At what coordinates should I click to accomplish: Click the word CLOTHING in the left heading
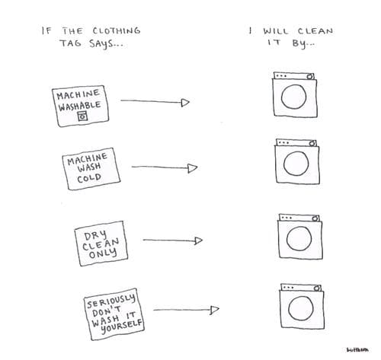coord(117,30)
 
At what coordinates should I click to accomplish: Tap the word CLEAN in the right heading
coord(315,31)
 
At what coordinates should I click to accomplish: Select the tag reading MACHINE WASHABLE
coord(81,106)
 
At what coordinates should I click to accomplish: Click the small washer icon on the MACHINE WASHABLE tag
coord(82,116)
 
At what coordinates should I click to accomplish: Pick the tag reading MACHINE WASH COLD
coord(91,168)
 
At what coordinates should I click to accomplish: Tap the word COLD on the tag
coord(89,178)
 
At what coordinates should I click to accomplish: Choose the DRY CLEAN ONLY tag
coord(101,244)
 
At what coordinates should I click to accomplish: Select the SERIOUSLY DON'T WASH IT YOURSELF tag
coord(114,314)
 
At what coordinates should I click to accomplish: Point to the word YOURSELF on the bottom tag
coord(121,327)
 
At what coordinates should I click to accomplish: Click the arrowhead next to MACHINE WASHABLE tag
coord(185,103)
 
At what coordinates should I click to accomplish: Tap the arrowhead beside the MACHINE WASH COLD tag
coord(193,168)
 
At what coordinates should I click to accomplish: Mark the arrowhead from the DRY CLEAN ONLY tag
coord(198,241)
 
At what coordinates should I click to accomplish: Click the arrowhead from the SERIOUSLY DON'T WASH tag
coord(215,310)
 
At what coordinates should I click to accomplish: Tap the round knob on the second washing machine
coord(312,144)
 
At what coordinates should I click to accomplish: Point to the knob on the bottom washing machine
coord(316,288)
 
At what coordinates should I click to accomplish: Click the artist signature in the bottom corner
coord(357,350)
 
